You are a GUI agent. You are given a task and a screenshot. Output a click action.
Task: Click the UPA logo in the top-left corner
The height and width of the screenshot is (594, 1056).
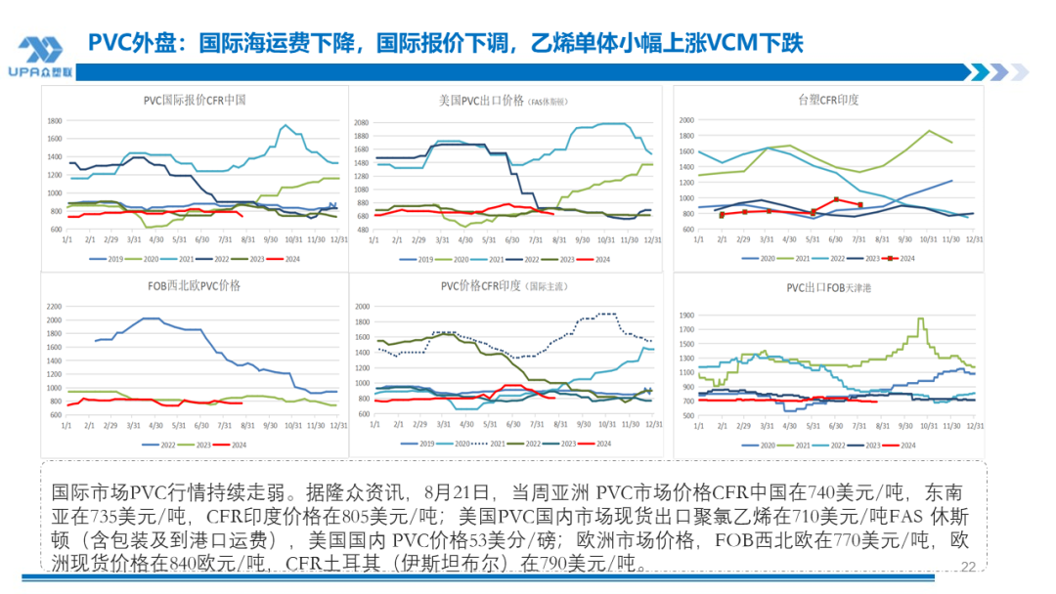click(40, 57)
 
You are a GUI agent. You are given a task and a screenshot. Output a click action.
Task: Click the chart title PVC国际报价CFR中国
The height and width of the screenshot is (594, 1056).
click(195, 100)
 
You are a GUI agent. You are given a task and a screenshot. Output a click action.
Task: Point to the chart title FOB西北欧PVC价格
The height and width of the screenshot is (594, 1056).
click(194, 285)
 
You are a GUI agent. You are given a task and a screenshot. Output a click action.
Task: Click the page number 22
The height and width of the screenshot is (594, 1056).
click(969, 567)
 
